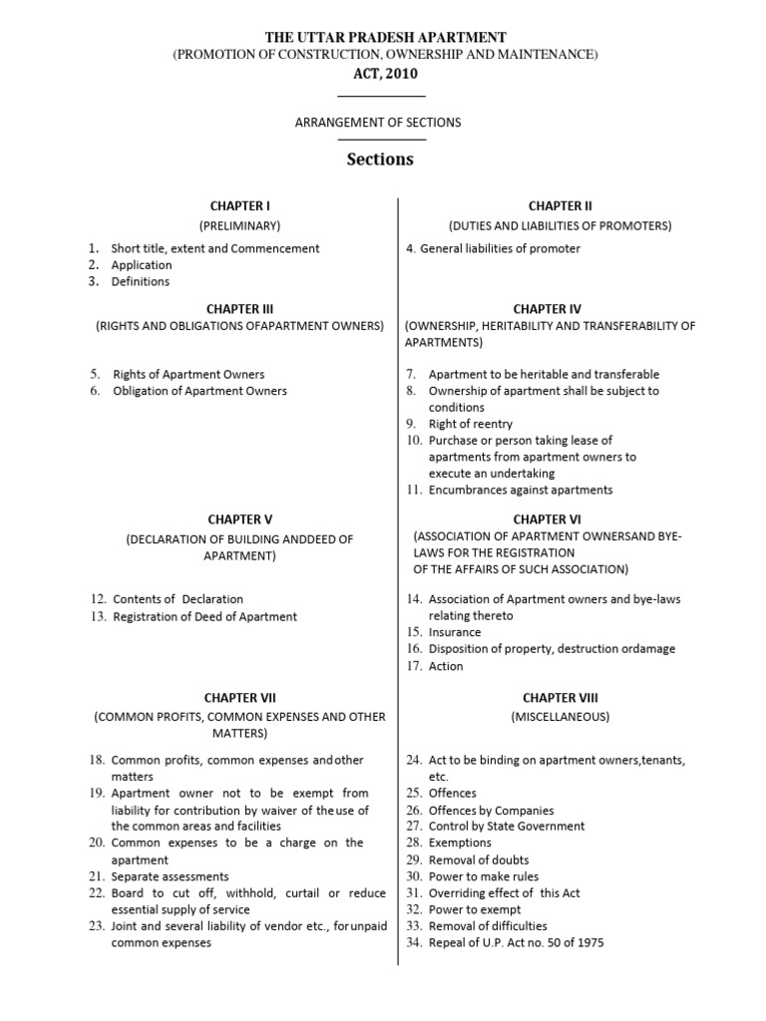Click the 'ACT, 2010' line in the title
pos(378,73)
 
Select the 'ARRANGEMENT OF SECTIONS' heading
pos(378,123)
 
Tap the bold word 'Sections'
pos(380,160)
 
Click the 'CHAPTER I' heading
pos(239,206)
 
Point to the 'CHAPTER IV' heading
pos(548,309)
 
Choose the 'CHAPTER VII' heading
pos(239,698)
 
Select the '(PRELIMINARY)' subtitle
pos(239,226)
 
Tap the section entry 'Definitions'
pos(141,281)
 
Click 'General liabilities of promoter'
pos(500,248)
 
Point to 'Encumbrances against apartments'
pos(521,490)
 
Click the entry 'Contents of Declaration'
pos(178,599)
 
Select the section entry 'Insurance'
pos(455,632)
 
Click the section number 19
pos(97,794)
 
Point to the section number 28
pos(415,844)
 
